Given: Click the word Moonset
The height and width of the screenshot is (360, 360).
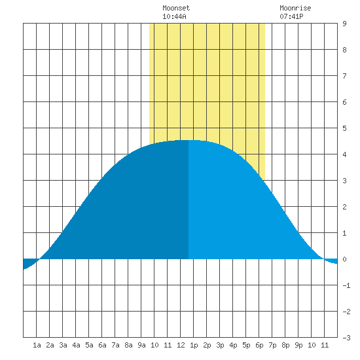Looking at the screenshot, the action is click(176, 8).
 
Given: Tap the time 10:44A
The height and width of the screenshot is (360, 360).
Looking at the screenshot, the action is click(174, 16).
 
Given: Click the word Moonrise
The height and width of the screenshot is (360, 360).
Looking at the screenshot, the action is click(295, 8).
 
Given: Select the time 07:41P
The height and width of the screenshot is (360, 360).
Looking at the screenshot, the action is click(291, 16).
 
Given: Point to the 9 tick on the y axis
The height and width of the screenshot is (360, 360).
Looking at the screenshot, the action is click(344, 24).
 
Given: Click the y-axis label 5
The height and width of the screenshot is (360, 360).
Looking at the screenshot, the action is click(344, 128).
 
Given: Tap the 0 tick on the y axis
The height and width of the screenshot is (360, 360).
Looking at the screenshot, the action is click(344, 259).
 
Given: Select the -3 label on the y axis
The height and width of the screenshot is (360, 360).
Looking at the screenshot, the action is click(346, 338).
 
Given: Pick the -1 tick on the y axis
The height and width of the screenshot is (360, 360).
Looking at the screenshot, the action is click(346, 285).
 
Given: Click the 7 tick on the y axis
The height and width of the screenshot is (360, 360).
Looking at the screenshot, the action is click(344, 76).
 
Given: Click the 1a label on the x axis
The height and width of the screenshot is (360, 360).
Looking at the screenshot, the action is click(37, 345).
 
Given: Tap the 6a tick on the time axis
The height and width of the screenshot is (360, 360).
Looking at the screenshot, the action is click(102, 345).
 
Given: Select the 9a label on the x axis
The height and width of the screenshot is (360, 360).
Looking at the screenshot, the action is click(141, 345).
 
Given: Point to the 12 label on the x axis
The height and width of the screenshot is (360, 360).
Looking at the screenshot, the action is click(181, 345).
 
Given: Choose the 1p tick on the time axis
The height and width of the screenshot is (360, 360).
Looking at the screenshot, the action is click(194, 345).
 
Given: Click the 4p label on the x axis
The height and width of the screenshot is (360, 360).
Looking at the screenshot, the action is click(233, 345).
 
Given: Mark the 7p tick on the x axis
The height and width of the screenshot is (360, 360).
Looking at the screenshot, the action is click(272, 345).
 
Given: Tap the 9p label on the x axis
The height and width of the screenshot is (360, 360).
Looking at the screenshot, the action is click(298, 345).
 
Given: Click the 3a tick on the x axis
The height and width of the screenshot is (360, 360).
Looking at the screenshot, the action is click(63, 345).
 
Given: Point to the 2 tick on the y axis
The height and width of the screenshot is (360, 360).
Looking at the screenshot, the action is click(344, 207).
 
